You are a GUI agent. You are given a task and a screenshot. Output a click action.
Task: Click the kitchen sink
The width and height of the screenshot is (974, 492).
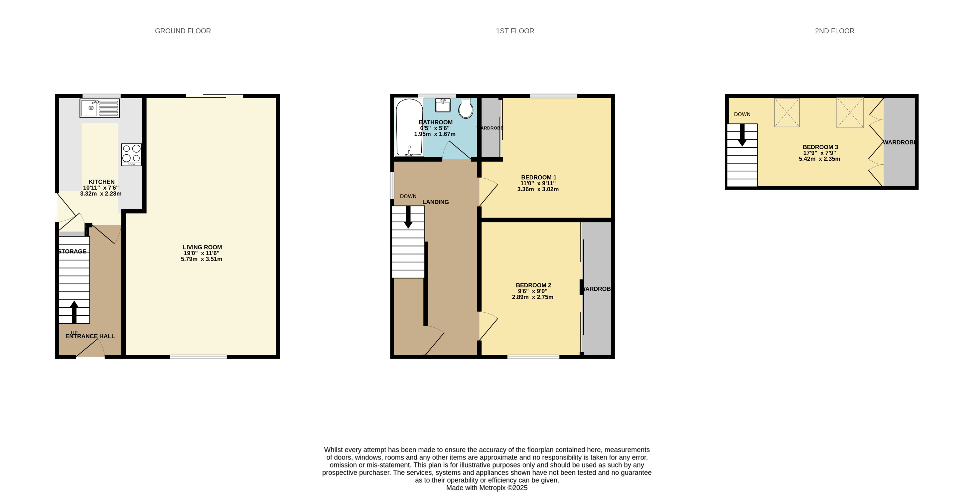(x=99, y=108)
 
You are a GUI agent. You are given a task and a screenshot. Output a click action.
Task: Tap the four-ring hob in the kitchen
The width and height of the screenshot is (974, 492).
(x=131, y=154)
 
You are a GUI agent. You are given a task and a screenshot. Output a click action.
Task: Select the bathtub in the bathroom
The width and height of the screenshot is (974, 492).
(x=409, y=127)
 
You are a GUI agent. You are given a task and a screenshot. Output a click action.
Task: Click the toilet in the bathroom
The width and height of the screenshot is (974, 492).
(x=466, y=109)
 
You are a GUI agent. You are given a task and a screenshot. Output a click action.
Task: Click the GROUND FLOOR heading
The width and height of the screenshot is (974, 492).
(x=183, y=31)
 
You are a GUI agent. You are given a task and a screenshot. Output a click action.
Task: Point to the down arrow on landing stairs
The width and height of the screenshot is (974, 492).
(x=408, y=217)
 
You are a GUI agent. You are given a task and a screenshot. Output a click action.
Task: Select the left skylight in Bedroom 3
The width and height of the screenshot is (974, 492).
(x=786, y=112)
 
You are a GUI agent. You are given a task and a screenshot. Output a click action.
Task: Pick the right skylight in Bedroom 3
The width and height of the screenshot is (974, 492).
(x=850, y=112)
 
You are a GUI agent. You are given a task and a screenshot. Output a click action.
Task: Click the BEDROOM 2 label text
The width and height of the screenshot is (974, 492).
(x=533, y=285)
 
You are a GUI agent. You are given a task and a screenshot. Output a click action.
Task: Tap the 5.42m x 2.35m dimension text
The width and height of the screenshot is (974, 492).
(x=819, y=159)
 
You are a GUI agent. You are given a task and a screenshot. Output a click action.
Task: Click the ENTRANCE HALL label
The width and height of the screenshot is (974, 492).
(x=90, y=336)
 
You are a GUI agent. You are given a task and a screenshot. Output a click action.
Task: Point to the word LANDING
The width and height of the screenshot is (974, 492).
(x=435, y=202)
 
